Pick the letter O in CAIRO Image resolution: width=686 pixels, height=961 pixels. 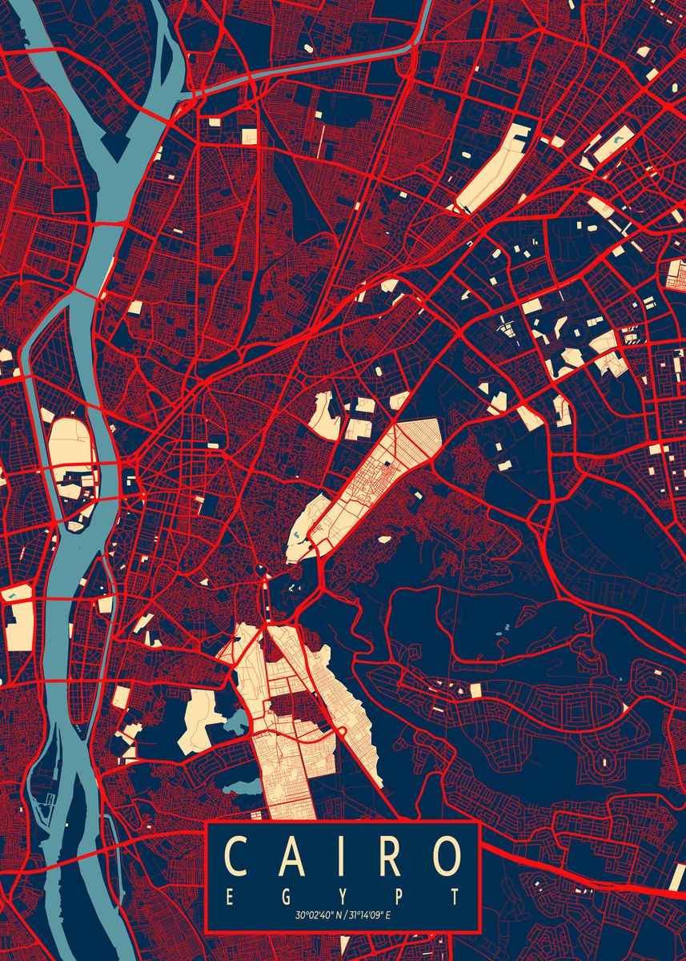click(x=447, y=856)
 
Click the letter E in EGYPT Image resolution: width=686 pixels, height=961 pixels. click(x=230, y=897)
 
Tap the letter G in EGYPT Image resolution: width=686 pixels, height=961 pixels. click(x=286, y=897)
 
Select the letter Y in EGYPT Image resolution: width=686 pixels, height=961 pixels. click(x=343, y=897)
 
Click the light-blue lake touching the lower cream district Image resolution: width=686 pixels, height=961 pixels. click(x=235, y=725)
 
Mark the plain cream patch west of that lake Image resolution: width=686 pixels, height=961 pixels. click(x=200, y=721)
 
